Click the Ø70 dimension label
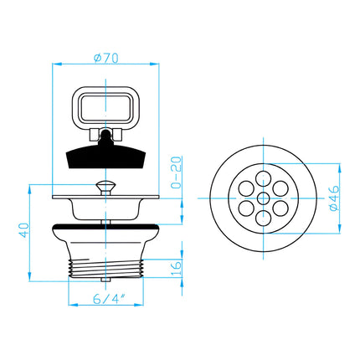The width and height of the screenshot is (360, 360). point(106,58)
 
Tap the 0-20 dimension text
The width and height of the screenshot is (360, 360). point(176,172)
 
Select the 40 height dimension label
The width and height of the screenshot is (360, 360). point(23,230)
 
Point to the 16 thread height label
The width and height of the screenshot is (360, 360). point(176,268)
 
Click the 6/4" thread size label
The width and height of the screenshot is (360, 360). point(109,299)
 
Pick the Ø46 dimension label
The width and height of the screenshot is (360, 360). point(334,198)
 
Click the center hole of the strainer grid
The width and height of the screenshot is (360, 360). point(263,198)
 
